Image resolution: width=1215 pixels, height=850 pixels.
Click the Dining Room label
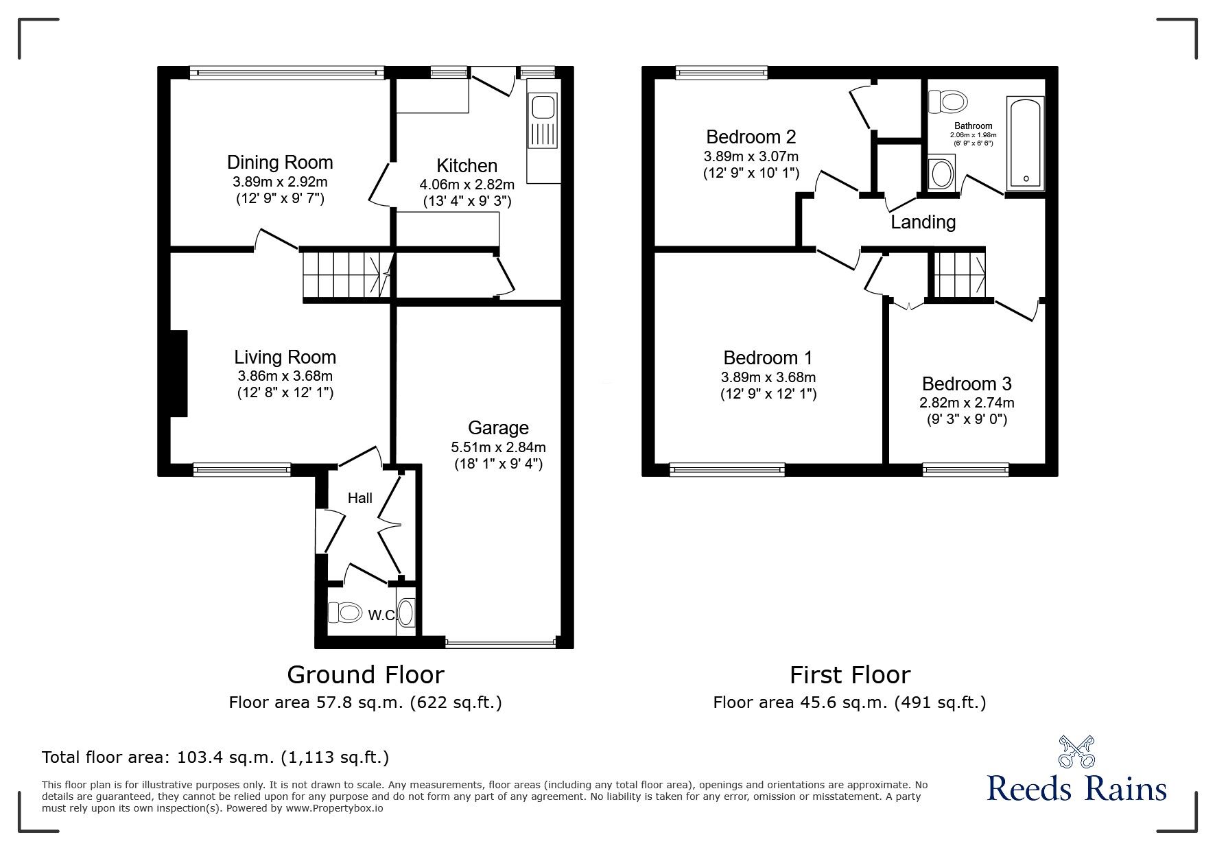[x=280, y=163]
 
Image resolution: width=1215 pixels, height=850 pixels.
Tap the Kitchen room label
[x=467, y=166]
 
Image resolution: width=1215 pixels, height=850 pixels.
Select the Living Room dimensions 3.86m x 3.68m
[x=285, y=376]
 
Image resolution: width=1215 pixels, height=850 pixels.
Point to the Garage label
[x=498, y=428]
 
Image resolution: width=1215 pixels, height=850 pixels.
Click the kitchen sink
[x=543, y=121]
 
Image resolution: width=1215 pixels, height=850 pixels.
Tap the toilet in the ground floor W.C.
[x=345, y=612]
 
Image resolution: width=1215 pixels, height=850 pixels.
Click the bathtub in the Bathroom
[x=1025, y=143]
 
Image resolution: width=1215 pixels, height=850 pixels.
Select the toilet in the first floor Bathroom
[x=948, y=102]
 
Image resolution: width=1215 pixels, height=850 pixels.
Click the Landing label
[x=923, y=222]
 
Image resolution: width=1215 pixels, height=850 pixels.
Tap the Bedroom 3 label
[x=966, y=384]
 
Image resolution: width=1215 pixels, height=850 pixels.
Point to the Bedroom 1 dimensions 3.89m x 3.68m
[x=768, y=377]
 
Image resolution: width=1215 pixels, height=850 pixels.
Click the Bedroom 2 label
[x=751, y=137]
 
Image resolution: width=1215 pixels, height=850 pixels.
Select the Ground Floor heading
[x=365, y=675]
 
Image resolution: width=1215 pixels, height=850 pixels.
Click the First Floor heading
[x=849, y=675]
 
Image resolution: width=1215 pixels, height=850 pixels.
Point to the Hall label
[x=359, y=498]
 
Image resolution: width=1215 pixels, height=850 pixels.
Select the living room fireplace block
[x=178, y=373]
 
